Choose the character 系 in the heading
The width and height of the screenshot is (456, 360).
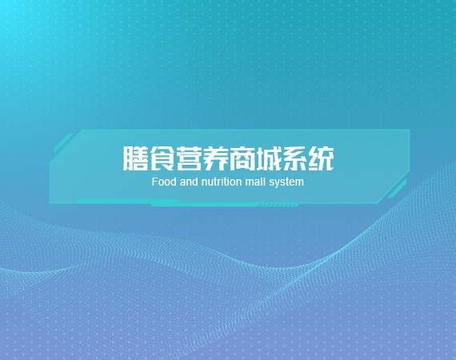pyautogui.click(x=295, y=158)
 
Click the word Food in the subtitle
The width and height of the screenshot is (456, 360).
pyautogui.click(x=164, y=182)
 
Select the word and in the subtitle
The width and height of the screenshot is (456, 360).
pyautogui.click(x=189, y=182)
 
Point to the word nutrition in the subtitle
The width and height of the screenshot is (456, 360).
pyautogui.click(x=222, y=182)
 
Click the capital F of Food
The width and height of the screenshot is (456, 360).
pyautogui.click(x=154, y=182)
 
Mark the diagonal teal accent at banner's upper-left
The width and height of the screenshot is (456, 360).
pyautogui.click(x=63, y=143)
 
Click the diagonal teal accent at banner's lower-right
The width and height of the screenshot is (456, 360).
pyautogui.click(x=397, y=189)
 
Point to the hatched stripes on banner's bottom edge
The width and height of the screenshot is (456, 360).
pyautogui.click(x=279, y=206)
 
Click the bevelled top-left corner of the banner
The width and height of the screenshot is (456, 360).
pyautogui.click(x=65, y=146)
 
